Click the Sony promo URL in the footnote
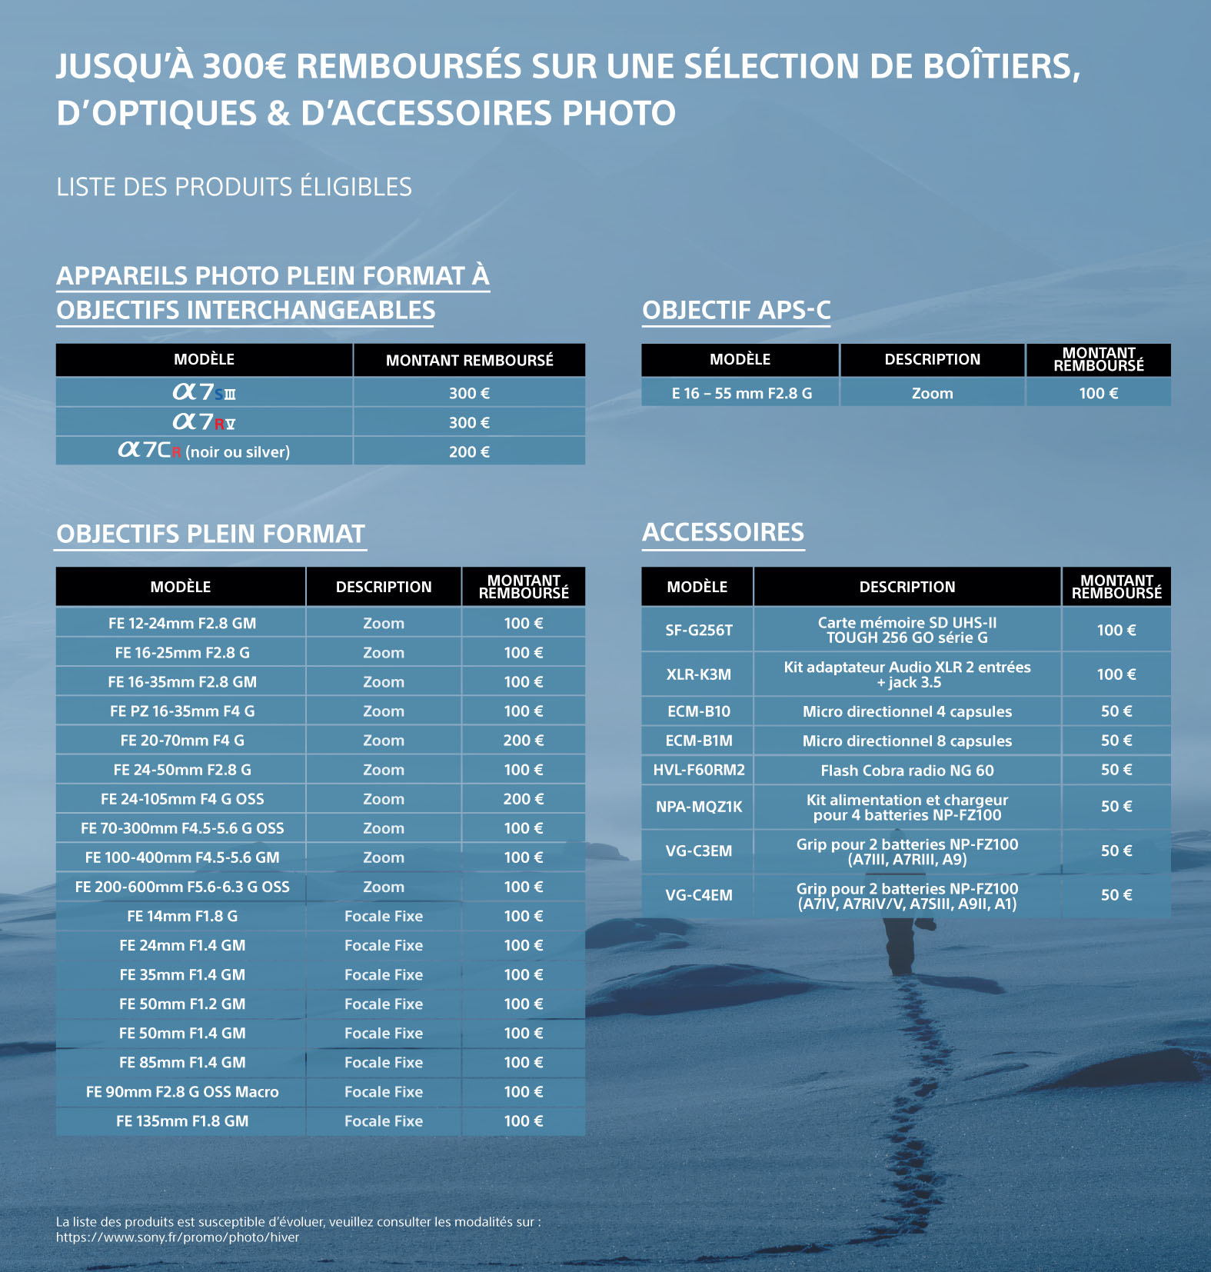pos(178,1237)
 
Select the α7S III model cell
pos(204,392)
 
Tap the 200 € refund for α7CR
pos(469,451)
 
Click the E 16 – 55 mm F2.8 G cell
pos(741,393)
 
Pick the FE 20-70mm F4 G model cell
pos(182,741)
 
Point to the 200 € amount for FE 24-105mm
pos(523,799)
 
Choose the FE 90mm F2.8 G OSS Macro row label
pos(182,1092)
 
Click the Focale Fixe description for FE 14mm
pos(383,916)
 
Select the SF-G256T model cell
pos(698,630)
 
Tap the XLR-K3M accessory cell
pos(698,674)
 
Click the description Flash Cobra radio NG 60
pos(907,770)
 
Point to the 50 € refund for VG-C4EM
pos(1116,895)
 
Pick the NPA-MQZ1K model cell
pos(698,807)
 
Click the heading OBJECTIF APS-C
pos(736,310)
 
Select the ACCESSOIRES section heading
pos(723,532)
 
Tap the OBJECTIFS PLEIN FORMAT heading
pos(210,534)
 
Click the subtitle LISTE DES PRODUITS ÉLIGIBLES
pos(234,187)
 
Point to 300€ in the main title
pos(244,66)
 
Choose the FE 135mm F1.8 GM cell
pos(182,1121)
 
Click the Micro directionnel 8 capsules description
pos(907,741)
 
